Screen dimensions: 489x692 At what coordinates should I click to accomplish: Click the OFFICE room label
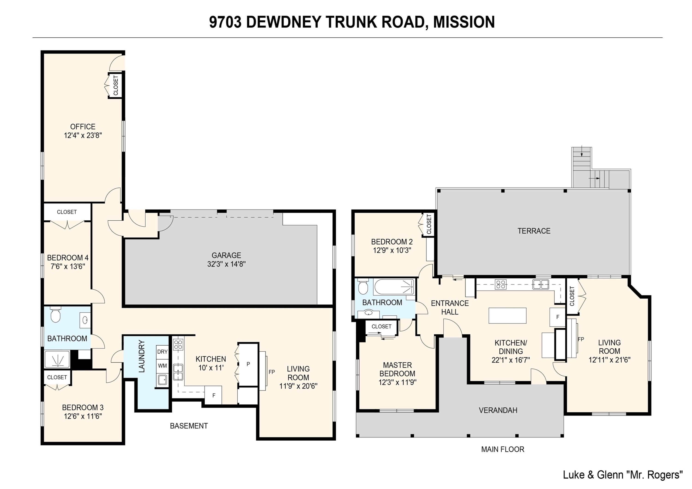[x=83, y=127]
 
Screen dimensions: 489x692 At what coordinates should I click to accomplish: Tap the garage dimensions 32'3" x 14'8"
[x=226, y=264]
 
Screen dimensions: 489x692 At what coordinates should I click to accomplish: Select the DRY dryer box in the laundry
[x=162, y=352]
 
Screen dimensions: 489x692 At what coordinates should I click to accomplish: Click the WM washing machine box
[x=162, y=366]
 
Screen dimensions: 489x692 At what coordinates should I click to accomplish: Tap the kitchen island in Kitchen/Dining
[x=507, y=315]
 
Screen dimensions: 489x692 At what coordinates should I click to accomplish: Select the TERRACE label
[x=534, y=231]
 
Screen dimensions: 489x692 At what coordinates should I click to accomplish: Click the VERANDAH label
[x=498, y=410]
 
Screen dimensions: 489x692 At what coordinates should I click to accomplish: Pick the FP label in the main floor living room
[x=581, y=339]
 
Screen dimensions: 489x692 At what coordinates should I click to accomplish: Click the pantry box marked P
[x=248, y=364]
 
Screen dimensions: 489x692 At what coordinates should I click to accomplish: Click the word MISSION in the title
[x=464, y=22]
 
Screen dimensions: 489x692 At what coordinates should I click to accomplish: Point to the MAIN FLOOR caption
[x=502, y=449]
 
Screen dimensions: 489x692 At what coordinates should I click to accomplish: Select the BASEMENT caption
[x=189, y=426]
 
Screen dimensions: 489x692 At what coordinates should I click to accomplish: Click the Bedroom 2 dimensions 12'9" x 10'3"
[x=392, y=250]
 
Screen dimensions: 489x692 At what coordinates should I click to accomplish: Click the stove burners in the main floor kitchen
[x=501, y=284]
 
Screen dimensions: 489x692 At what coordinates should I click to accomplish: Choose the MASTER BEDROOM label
[x=397, y=369]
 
